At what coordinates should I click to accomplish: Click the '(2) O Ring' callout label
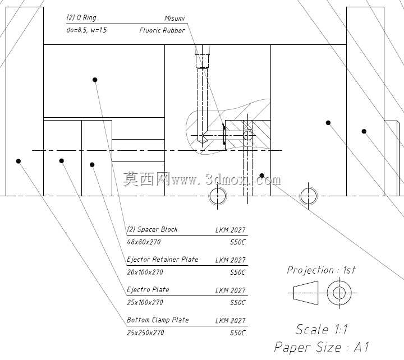click(x=81, y=18)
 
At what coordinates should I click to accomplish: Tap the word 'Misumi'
click(x=175, y=19)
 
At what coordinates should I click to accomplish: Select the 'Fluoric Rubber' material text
click(x=162, y=31)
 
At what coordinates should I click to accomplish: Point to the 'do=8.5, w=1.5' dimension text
click(x=86, y=30)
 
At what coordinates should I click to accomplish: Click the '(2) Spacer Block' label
click(x=152, y=229)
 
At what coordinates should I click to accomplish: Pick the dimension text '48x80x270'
click(x=144, y=242)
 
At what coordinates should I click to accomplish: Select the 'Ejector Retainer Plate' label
click(x=163, y=259)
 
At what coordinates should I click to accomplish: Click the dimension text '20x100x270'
click(x=145, y=272)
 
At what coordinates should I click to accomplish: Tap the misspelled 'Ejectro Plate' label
click(x=148, y=290)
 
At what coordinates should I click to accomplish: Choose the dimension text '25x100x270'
click(x=145, y=302)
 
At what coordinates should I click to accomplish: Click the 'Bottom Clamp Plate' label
click(x=158, y=320)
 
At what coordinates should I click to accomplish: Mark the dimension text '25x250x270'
click(x=145, y=333)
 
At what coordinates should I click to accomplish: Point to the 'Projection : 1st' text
click(x=322, y=270)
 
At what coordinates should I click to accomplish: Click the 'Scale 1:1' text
click(x=322, y=329)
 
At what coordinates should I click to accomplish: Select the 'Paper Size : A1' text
click(x=322, y=347)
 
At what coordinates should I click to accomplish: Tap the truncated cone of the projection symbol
click(x=306, y=293)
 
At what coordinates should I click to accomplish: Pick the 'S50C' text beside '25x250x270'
click(x=238, y=333)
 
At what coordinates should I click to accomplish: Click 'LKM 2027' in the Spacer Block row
click(x=231, y=230)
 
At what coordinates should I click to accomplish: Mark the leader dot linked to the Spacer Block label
click(x=95, y=80)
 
